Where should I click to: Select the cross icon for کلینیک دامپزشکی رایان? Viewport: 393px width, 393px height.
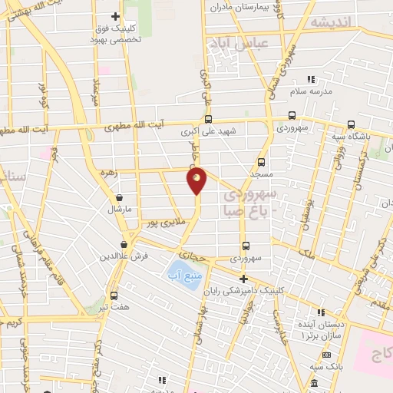[244, 279]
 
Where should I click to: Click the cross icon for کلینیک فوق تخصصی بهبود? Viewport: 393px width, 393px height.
[115, 16]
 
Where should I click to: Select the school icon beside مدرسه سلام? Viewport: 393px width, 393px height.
[311, 79]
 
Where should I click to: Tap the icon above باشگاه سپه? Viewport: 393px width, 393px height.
[351, 125]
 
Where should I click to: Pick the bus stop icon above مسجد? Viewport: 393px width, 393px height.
[261, 162]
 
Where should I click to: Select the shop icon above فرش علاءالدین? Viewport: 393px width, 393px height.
[113, 245]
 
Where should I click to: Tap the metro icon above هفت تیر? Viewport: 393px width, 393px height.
[114, 296]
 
